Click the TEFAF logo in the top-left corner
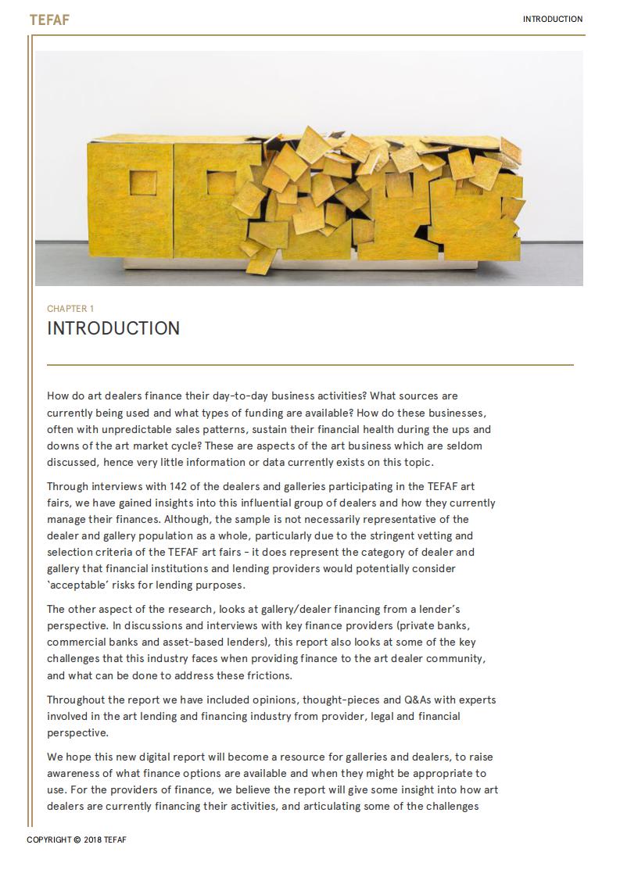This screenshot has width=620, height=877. [49, 20]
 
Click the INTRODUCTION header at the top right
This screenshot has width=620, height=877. [552, 20]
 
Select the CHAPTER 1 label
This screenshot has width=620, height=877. [70, 309]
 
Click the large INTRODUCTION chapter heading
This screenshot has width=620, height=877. [113, 328]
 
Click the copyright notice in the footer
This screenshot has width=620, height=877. [77, 840]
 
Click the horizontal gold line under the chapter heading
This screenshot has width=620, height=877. [310, 364]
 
